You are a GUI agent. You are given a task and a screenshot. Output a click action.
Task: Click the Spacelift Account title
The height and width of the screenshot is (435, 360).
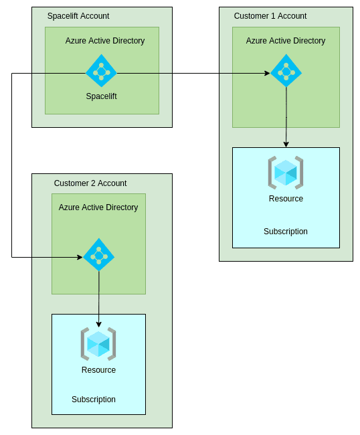coord(78,16)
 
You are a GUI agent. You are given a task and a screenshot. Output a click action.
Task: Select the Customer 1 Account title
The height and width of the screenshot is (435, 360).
coord(270,16)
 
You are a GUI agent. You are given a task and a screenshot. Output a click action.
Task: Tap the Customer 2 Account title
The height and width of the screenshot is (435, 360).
coord(90,183)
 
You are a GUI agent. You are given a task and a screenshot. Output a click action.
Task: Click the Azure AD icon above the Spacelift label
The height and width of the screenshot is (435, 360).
coord(101,71)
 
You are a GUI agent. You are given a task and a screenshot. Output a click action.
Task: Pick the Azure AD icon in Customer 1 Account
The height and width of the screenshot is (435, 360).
coord(286,71)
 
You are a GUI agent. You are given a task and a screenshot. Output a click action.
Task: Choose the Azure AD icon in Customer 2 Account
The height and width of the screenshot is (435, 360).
coord(98,255)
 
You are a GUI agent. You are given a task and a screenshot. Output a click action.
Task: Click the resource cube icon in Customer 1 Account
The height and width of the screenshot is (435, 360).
coord(286,172)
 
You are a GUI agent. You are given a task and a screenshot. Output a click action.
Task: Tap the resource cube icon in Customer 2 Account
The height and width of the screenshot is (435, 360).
coord(98,343)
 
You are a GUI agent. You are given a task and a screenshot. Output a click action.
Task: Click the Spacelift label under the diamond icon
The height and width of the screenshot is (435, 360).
coord(101,96)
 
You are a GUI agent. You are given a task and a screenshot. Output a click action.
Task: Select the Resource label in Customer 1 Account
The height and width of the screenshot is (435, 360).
coord(286,199)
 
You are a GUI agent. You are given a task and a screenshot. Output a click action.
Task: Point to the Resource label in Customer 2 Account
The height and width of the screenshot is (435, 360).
coord(98,370)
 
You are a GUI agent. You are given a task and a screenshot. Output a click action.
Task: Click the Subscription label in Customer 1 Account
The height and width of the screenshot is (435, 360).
coord(286,232)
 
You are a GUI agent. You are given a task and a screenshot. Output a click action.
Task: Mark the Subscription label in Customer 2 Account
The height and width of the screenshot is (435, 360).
coord(94,400)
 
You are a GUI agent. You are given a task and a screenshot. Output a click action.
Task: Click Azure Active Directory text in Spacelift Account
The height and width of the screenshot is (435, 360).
coord(105,41)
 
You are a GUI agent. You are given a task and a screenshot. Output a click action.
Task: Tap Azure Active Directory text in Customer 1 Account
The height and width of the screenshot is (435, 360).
coord(286,41)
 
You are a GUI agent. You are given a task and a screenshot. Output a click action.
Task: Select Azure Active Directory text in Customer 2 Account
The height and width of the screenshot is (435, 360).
coord(98,207)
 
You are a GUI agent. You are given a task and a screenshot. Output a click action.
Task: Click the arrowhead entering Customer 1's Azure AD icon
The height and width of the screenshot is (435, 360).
coord(267,74)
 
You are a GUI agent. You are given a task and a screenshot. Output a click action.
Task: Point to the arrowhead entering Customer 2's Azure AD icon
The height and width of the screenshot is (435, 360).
coord(80,257)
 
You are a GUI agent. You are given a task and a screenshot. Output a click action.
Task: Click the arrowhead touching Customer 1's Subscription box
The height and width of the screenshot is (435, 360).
coord(286,145)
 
